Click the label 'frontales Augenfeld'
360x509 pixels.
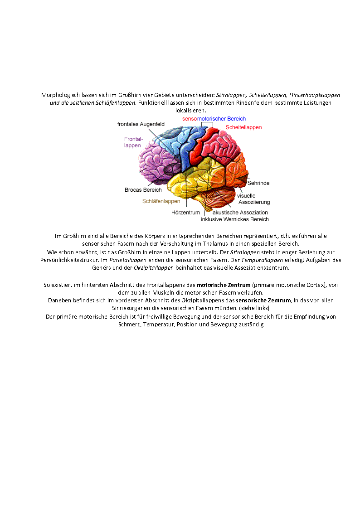tap(141, 124)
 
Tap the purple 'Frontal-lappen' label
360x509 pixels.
tap(133, 142)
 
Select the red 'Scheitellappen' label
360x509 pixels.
tap(244, 127)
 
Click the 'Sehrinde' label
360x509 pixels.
tap(258, 183)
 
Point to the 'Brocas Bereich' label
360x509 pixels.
tap(143, 190)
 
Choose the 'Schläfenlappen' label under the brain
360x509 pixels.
tap(161, 201)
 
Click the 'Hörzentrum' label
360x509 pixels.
tap(186, 213)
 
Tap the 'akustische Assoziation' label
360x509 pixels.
tap(240, 212)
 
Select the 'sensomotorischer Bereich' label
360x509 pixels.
tap(214, 119)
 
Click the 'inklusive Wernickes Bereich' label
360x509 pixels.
tap(235, 219)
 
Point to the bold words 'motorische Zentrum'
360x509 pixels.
tap(224, 285)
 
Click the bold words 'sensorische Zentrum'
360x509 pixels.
tap(263, 300)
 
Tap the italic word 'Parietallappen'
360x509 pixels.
tap(128, 260)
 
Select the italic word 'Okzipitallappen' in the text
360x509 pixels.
tap(154, 268)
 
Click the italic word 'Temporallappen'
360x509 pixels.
tap(262, 260)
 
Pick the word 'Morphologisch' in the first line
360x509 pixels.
tap(60, 95)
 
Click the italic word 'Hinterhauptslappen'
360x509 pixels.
tap(315, 95)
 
